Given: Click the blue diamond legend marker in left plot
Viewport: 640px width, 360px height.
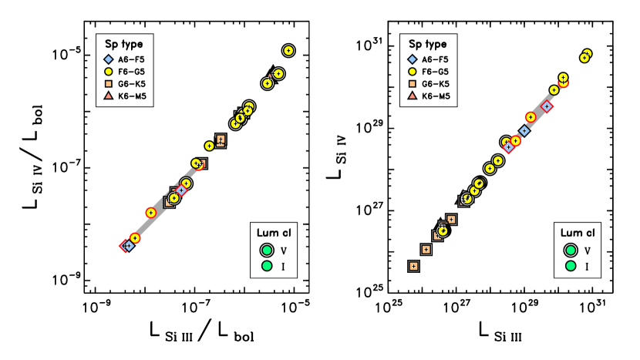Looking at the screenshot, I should (x=109, y=59).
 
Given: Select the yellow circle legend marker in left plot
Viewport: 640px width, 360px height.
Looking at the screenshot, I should (x=109, y=72).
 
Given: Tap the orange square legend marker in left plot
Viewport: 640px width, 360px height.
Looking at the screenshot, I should (x=109, y=84).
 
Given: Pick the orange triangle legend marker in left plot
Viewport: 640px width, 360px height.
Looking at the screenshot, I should (x=109, y=96).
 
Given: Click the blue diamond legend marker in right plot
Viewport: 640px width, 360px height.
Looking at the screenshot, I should (x=413, y=59).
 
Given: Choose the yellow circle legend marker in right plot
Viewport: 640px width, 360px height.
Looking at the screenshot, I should (x=413, y=72).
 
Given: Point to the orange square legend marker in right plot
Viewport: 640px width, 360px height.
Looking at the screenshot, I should (x=413, y=84).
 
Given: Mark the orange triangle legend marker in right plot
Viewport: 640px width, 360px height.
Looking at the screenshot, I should (x=413, y=96).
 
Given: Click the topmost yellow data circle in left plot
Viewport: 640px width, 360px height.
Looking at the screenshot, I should (x=288, y=51).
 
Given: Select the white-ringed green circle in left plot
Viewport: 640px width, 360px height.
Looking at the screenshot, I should (x=267, y=251).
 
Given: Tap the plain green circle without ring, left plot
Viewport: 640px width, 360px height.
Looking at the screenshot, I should (x=267, y=266).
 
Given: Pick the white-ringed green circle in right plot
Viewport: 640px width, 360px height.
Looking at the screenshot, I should (x=571, y=251).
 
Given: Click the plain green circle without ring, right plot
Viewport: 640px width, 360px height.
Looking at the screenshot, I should (x=571, y=266).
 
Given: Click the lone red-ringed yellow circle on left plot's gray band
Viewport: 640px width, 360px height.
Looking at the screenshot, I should (x=151, y=213).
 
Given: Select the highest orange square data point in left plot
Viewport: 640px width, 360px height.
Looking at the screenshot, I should (x=221, y=140).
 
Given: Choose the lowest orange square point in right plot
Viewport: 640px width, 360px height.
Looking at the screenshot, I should (x=413, y=266).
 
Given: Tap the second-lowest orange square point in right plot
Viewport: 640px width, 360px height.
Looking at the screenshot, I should (x=426, y=250).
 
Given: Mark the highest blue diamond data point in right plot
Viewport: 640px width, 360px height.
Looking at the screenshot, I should (x=547, y=106).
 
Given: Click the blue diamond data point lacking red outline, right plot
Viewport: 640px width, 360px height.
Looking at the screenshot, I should (x=524, y=131).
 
